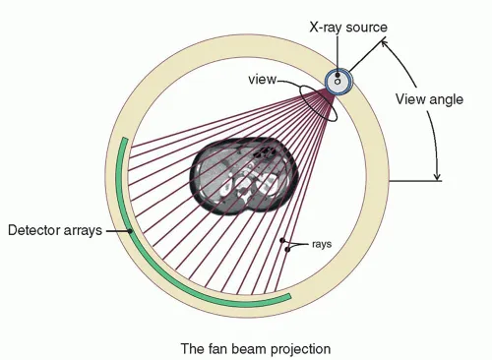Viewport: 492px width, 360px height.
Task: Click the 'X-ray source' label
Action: [345, 28]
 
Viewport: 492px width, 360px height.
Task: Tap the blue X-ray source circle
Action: [338, 82]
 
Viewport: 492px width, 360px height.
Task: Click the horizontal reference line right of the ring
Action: [418, 180]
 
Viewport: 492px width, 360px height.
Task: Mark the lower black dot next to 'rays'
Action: [288, 250]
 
